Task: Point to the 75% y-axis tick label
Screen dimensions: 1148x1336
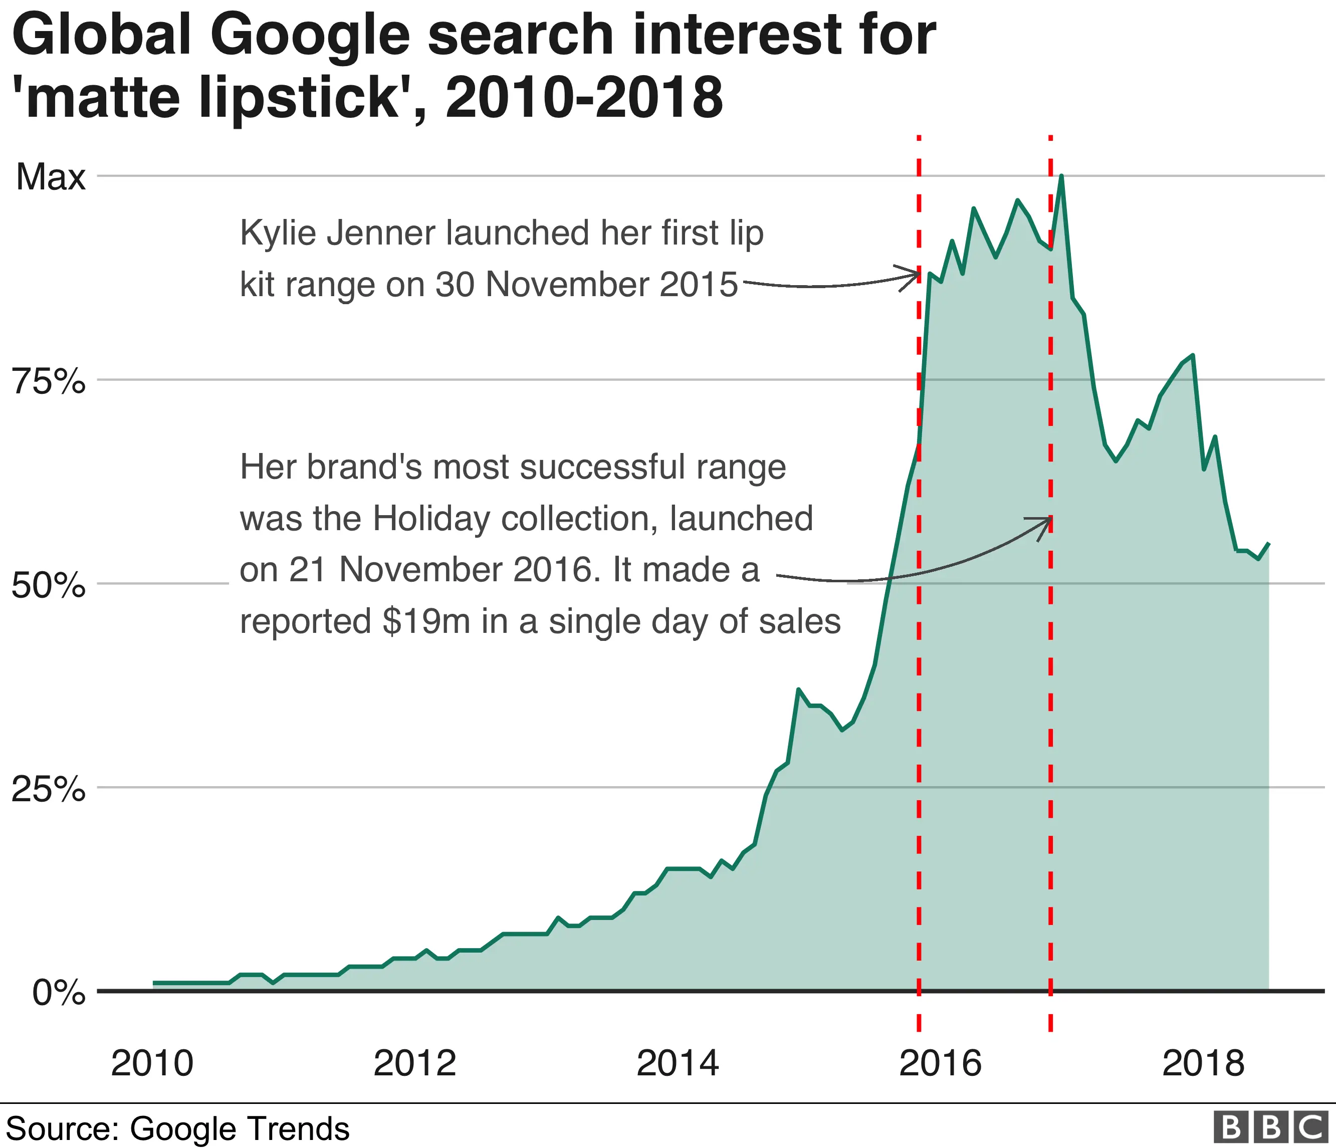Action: point(49,382)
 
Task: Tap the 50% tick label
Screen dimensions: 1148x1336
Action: point(49,586)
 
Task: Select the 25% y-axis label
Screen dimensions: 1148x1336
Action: point(49,789)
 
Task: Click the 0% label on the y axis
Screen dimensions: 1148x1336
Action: point(59,993)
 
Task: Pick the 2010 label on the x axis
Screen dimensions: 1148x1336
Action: point(152,1063)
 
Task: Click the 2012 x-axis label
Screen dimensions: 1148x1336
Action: point(414,1063)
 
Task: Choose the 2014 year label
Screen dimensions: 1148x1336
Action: point(677,1063)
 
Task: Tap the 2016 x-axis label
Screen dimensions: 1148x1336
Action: point(940,1063)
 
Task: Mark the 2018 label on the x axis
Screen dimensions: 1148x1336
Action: point(1203,1063)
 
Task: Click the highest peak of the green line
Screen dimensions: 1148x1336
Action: point(1061,176)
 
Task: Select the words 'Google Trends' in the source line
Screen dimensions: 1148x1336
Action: point(240,1128)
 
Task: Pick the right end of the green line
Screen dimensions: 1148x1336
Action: point(1269,543)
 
